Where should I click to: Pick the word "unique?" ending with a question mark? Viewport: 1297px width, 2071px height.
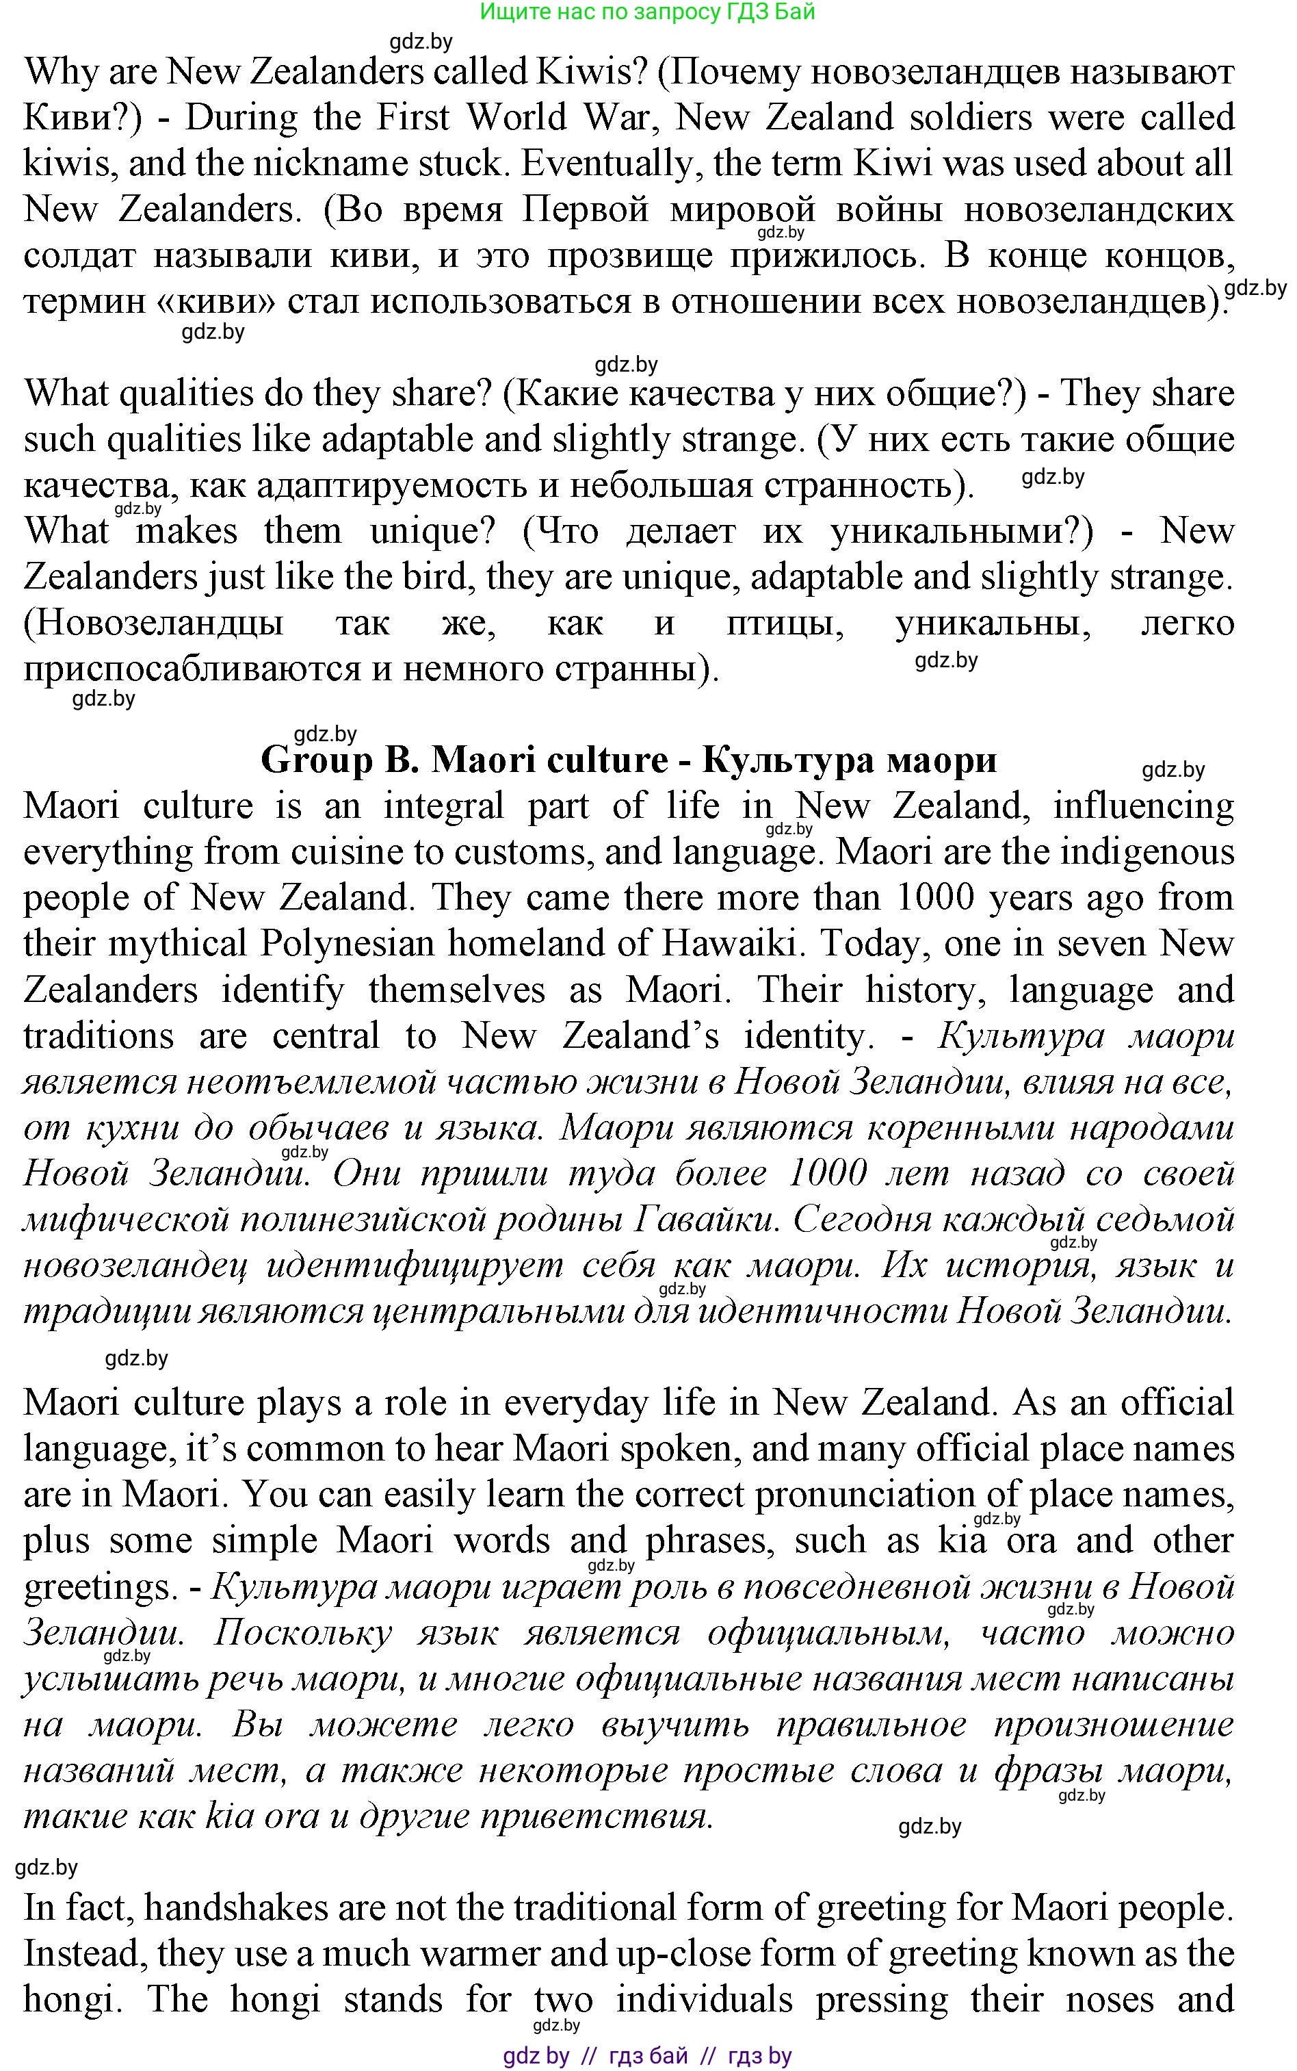pos(433,530)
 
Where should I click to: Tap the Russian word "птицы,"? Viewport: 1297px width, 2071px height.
pos(784,622)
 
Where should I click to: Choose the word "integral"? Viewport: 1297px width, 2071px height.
pos(442,806)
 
